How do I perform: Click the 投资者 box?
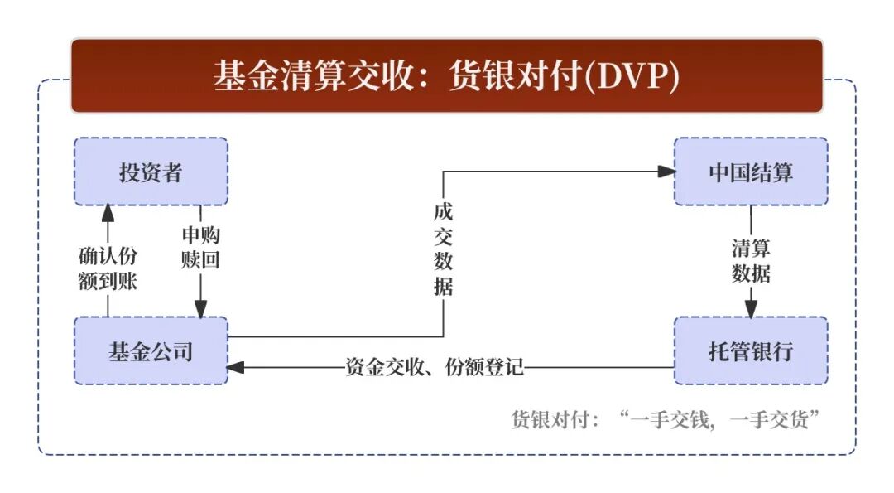pos(151,172)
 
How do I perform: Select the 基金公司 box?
pos(151,350)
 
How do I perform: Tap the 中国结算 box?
pos(751,172)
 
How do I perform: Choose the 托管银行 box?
pos(751,350)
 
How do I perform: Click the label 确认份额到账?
pos(107,268)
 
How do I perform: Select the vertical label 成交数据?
pos(443,248)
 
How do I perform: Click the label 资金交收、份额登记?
pos(435,367)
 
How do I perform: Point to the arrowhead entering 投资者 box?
pos(107,213)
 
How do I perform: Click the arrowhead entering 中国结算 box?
pos(667,172)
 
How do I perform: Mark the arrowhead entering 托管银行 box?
pos(751,309)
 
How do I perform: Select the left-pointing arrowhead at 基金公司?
pos(235,367)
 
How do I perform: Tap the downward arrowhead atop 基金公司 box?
pos(200,309)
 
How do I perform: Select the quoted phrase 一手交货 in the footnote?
pos(773,419)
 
